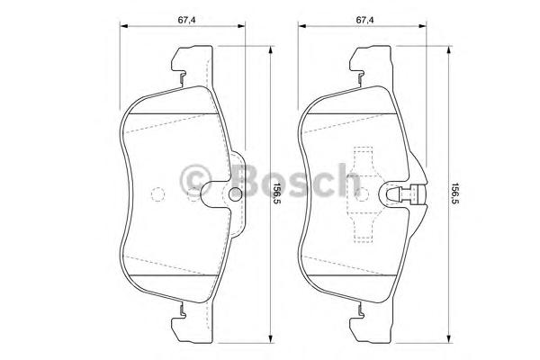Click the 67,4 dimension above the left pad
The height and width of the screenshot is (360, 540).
(x=186, y=20)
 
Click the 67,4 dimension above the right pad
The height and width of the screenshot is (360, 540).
(x=365, y=20)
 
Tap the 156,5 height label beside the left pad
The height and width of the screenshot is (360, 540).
(x=274, y=193)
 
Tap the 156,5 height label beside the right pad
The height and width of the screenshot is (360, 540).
(x=454, y=193)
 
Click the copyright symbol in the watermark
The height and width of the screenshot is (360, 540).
(x=195, y=181)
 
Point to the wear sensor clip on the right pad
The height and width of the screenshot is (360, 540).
(x=407, y=194)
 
